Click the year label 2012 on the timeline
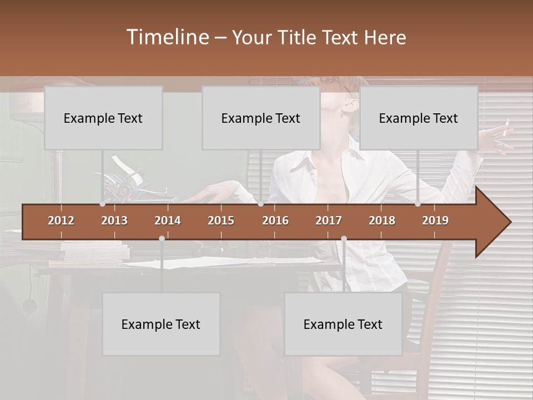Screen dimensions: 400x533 pyautogui.click(x=61, y=221)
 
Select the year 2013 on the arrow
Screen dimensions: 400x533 pyautogui.click(x=114, y=221)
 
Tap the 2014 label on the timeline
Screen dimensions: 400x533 pyautogui.click(x=168, y=221)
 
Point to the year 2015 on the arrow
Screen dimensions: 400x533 pyautogui.click(x=221, y=221)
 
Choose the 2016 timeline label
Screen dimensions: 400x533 pyautogui.click(x=275, y=221)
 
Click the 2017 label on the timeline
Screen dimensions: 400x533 pyautogui.click(x=329, y=221)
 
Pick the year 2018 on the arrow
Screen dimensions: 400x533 pyautogui.click(x=382, y=221)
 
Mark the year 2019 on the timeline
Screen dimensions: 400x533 pyautogui.click(x=435, y=221)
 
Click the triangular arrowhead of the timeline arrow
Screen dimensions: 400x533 pyautogui.click(x=494, y=222)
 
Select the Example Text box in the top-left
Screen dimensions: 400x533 pyautogui.click(x=103, y=118)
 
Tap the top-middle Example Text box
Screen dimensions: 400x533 pyautogui.click(x=261, y=118)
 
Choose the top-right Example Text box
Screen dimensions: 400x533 pyautogui.click(x=419, y=118)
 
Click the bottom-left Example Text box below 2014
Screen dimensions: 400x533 pyautogui.click(x=161, y=324)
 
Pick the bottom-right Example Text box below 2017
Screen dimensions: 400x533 pyautogui.click(x=343, y=324)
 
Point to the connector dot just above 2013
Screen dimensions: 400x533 pyautogui.click(x=102, y=204)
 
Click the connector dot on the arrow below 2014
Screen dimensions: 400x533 pyautogui.click(x=162, y=238)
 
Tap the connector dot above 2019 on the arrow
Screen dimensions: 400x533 pyautogui.click(x=418, y=204)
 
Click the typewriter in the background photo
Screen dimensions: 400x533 pyautogui.click(x=125, y=181)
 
